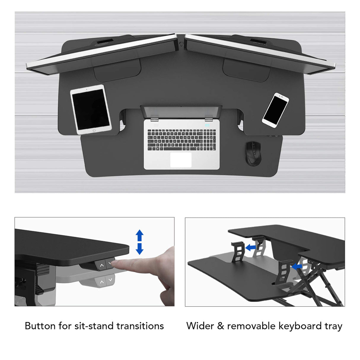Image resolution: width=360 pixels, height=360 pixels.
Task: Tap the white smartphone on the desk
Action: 275,110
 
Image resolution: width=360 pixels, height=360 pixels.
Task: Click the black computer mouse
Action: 254,153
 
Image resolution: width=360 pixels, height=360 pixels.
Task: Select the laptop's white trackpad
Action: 181,160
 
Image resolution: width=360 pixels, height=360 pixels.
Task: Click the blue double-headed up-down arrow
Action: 140,242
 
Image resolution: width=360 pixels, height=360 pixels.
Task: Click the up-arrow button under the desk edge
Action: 102,265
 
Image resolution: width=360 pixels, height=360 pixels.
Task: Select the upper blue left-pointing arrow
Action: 251,247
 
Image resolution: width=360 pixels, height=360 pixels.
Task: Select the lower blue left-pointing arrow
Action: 297,267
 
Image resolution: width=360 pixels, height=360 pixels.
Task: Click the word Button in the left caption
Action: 40,326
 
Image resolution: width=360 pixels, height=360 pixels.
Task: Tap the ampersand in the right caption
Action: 220,326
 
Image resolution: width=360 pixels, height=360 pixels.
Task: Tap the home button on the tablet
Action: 94,130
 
